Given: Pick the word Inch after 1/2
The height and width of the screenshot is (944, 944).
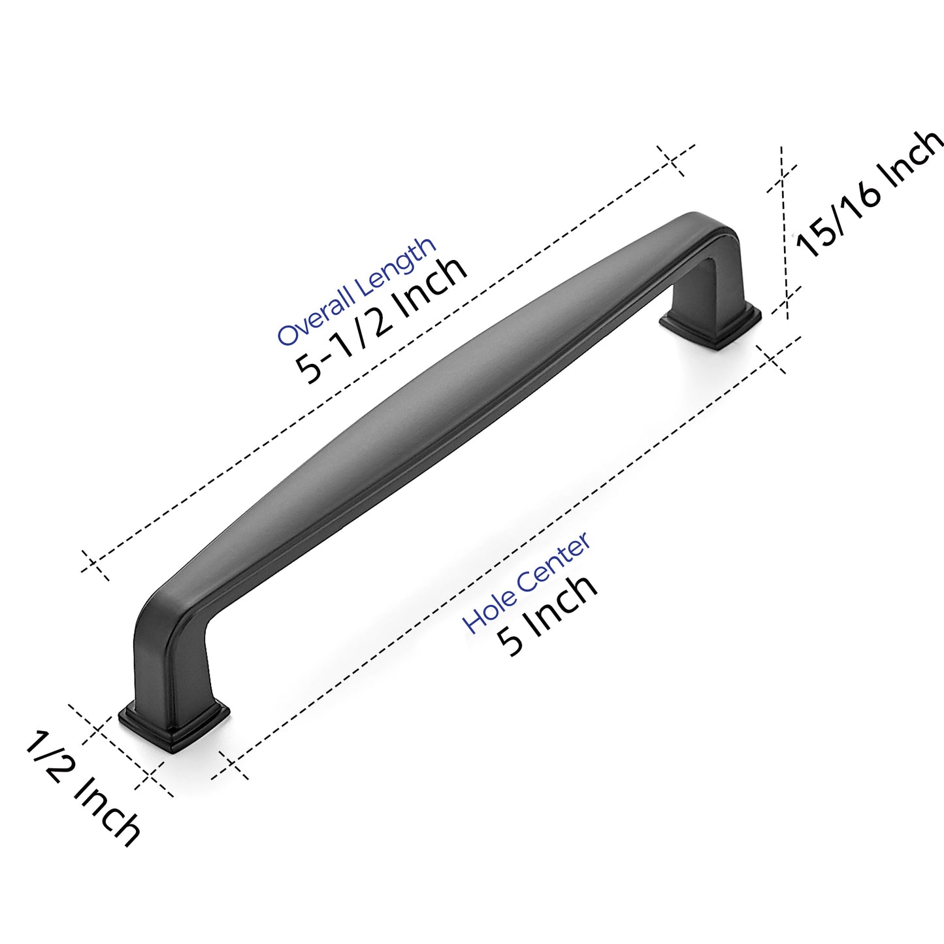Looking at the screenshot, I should tap(108, 813).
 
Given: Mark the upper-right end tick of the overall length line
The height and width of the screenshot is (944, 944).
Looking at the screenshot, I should tap(674, 161).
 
